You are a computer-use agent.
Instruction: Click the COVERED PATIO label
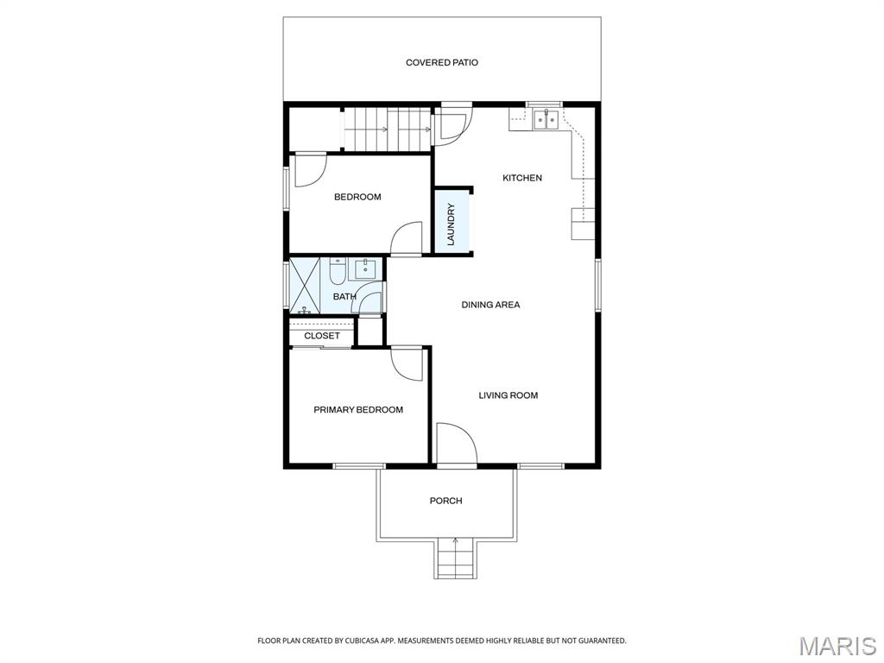[x=441, y=62]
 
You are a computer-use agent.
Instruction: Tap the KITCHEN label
[x=522, y=178]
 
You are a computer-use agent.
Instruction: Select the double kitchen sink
[x=546, y=119]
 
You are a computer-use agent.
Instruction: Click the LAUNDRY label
[x=451, y=224]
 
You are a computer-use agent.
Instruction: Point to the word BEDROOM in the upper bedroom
[x=357, y=197]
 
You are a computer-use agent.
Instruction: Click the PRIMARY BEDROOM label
[x=358, y=410]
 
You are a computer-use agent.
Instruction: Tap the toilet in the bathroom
[x=338, y=271]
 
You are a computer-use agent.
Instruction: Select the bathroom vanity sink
[x=365, y=269]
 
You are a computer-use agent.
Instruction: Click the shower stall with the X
[x=305, y=286]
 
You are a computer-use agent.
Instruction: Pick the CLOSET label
[x=322, y=336]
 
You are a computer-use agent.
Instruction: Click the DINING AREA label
[x=490, y=305]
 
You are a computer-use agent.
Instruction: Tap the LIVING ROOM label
[x=508, y=395]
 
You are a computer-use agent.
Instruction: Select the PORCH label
[x=446, y=501]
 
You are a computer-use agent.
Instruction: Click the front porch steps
[x=455, y=559]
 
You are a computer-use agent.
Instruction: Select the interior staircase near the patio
[x=387, y=129]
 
